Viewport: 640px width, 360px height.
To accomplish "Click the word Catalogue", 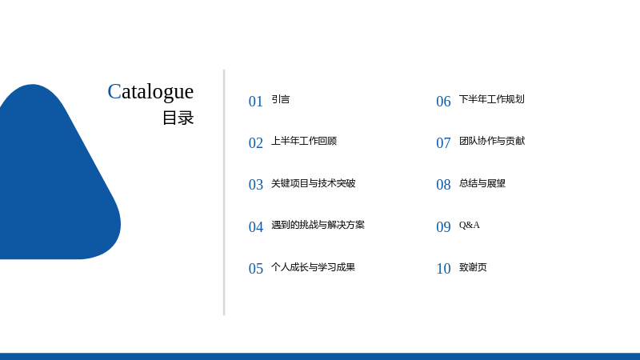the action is tap(150, 92).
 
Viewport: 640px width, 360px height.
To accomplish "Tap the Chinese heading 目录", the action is tap(178, 118).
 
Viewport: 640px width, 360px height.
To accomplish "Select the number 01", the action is tap(256, 102).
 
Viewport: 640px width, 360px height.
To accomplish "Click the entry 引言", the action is tap(281, 99).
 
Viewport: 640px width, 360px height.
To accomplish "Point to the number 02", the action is tap(256, 143).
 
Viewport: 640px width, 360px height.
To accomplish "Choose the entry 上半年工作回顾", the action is tap(304, 141).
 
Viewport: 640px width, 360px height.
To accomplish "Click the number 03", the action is tap(256, 185).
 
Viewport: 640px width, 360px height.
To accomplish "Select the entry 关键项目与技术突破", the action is tap(314, 183).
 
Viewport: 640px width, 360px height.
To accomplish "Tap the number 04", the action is tap(256, 227).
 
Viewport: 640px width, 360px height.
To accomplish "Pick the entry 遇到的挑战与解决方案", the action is tap(318, 225).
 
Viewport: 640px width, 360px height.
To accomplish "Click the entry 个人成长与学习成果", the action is tap(314, 267).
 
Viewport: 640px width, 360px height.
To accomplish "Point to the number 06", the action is tap(443, 102).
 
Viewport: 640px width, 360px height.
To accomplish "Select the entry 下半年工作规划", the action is tap(492, 99).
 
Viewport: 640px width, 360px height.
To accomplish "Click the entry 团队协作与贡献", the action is tap(492, 141).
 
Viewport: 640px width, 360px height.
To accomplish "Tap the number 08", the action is tap(443, 185).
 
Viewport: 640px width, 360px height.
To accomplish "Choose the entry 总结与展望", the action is tap(482, 183).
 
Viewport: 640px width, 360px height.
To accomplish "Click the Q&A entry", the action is tap(470, 225).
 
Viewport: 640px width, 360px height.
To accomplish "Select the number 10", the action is tap(443, 269).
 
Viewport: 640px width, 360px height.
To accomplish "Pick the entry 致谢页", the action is tap(473, 267).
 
